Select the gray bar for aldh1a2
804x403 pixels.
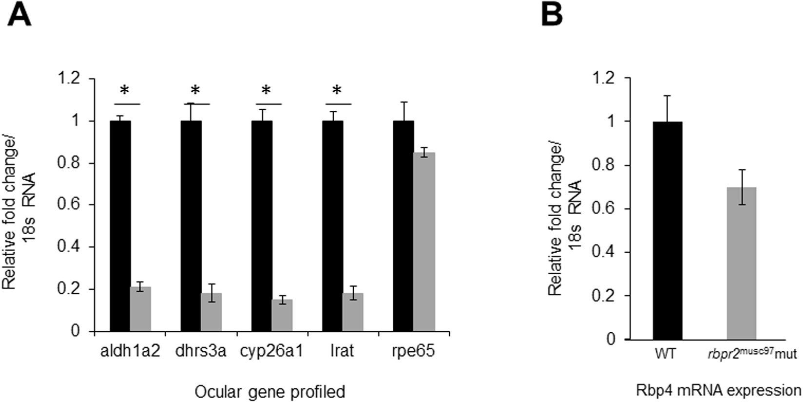point(140,309)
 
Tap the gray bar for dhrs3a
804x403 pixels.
point(211,312)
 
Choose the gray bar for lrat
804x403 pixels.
point(353,312)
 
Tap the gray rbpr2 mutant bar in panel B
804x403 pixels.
point(741,263)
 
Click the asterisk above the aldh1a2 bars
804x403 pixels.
point(124,91)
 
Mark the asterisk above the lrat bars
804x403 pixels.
point(336,91)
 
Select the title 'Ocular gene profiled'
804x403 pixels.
point(270,392)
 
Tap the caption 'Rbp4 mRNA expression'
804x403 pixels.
point(718,390)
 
